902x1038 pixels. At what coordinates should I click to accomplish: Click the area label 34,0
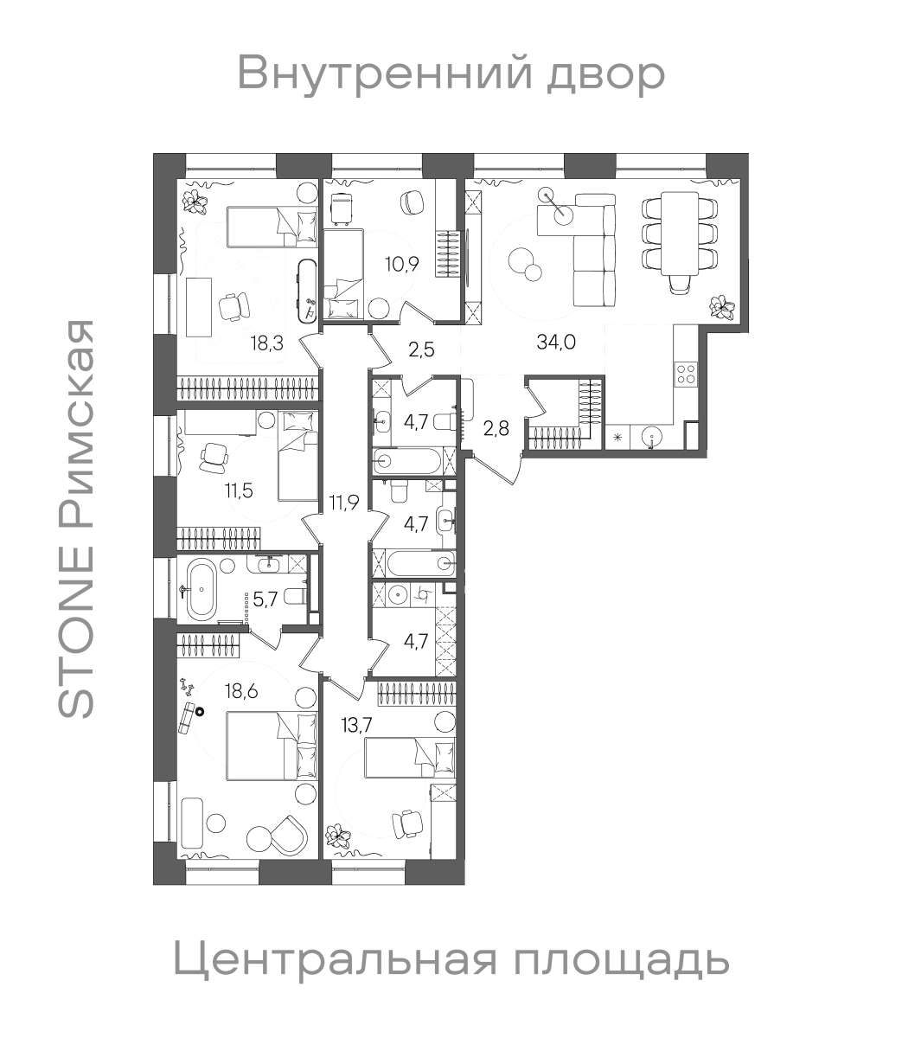click(x=557, y=341)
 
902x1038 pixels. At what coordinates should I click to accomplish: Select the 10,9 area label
click(x=402, y=264)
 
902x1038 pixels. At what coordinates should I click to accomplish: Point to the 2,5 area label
click(x=420, y=349)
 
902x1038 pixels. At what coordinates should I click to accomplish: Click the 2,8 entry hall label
click(x=496, y=427)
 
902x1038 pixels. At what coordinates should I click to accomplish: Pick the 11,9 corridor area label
click(x=343, y=502)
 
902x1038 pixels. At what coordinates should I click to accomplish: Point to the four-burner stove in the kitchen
click(x=686, y=374)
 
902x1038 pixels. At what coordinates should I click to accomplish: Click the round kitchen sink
click(x=649, y=435)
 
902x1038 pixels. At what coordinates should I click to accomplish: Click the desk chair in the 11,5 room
click(x=214, y=456)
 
